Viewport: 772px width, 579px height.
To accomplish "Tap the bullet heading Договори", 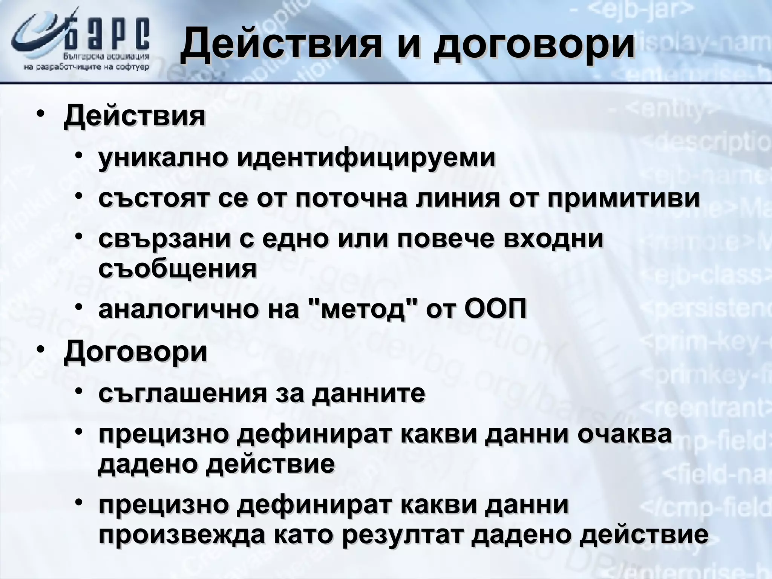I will [135, 351].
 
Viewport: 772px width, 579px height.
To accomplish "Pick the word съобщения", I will [178, 268].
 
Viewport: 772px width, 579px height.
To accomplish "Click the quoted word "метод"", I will [362, 310].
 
